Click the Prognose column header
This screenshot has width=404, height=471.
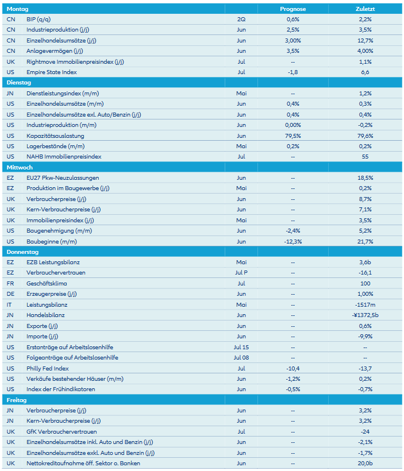coord(293,9)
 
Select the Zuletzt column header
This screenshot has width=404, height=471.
coord(365,9)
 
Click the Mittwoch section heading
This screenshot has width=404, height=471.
coord(20,167)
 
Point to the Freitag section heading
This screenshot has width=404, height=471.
coord(17,400)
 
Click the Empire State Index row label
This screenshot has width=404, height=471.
coord(51,72)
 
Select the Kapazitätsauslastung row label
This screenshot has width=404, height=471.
coord(55,136)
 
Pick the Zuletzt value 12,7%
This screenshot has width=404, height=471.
coord(365,40)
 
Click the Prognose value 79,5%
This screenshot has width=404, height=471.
coord(293,136)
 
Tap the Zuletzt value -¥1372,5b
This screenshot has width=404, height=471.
coord(365,315)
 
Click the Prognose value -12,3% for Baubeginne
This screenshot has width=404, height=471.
coord(293,241)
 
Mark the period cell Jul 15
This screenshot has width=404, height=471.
coord(241,347)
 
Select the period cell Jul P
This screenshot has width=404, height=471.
coord(241,273)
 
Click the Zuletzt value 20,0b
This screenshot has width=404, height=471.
coord(365,464)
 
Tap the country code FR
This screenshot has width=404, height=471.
coord(10,284)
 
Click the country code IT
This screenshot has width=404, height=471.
coord(10,304)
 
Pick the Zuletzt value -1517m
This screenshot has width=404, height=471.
coord(365,304)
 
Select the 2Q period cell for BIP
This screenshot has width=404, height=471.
coord(241,19)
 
